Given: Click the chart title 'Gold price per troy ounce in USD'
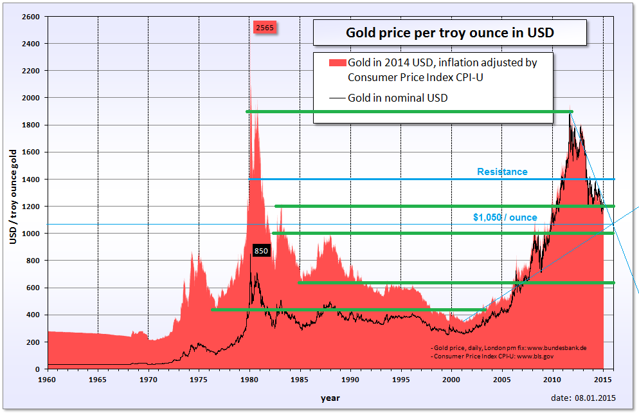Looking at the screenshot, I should (449, 32).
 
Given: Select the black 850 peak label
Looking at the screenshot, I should (260, 251).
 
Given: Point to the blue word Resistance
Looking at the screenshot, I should (502, 172).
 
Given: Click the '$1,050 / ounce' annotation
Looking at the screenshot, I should (505, 217).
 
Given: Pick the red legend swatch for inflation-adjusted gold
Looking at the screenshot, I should (337, 63).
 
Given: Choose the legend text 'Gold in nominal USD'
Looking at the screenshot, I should (397, 98).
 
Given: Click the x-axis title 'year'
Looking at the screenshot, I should (330, 398).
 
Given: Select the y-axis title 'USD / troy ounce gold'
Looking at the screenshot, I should (13, 196).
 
